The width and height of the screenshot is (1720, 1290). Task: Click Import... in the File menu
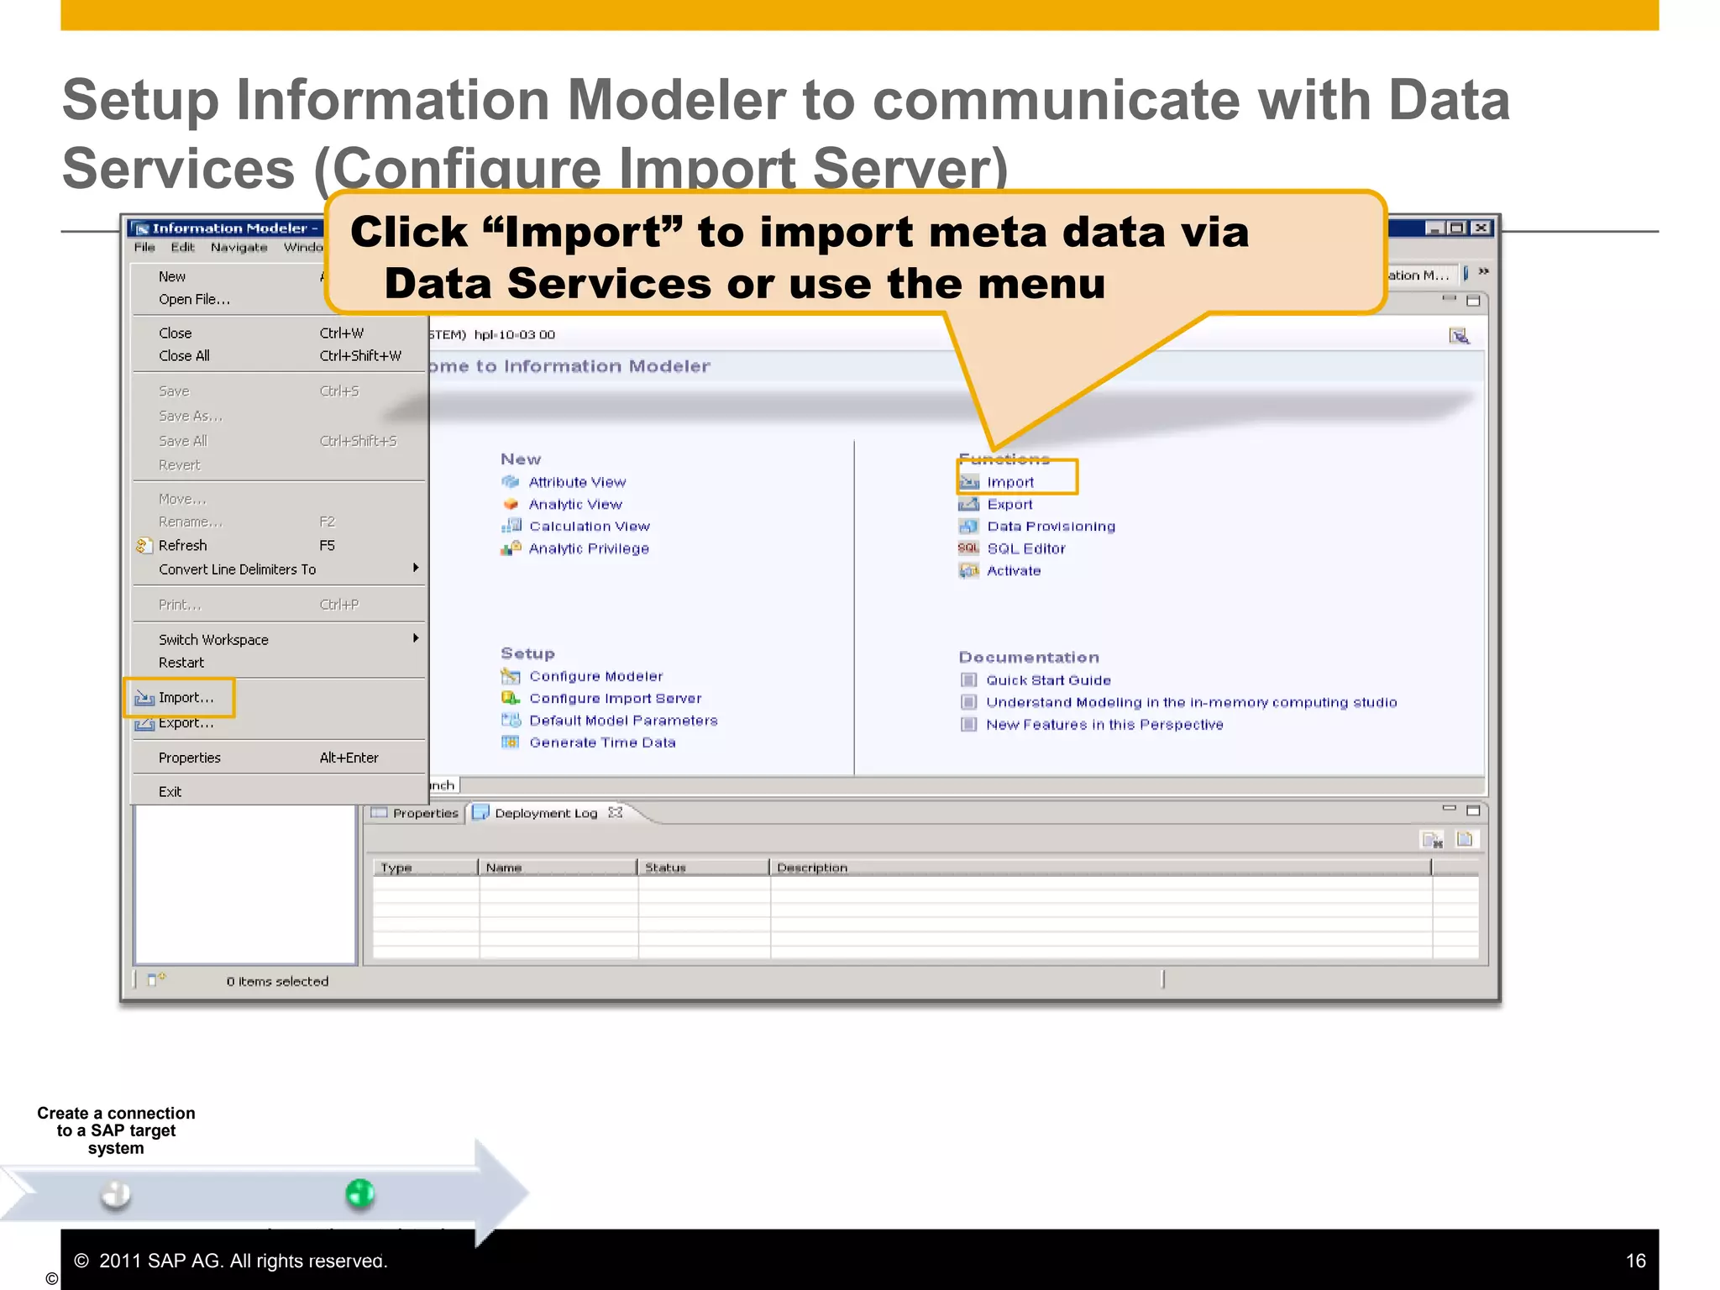[186, 698]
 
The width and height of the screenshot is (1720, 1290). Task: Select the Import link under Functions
[1009, 482]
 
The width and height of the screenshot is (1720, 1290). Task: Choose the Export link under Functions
[1009, 505]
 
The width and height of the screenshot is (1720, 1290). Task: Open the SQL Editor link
[1025, 548]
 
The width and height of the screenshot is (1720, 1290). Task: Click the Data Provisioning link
[1051, 527]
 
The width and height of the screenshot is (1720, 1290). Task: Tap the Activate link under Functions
[1014, 571]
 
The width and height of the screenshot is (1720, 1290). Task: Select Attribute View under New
[577, 482]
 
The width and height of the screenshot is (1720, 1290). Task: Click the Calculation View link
[589, 527]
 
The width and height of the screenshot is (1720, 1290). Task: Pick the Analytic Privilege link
[588, 548]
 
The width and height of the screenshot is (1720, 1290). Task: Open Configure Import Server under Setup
[615, 699]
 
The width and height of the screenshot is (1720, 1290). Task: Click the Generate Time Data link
[602, 742]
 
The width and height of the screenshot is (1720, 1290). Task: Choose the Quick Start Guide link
[1048, 680]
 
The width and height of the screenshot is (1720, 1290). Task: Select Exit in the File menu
[170, 792]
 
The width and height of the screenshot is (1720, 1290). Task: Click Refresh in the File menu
[182, 546]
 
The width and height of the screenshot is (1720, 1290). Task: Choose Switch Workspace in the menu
[213, 640]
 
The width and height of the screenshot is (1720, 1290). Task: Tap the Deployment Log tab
[545, 813]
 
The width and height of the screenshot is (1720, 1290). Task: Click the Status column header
[665, 868]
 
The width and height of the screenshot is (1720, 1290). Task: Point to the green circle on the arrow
[359, 1193]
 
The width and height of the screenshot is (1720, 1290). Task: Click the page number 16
[1635, 1261]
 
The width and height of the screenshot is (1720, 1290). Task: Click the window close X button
[1481, 228]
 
